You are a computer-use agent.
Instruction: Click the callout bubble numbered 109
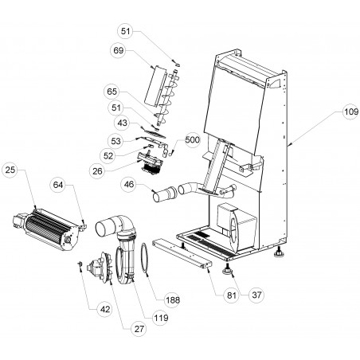point(351,112)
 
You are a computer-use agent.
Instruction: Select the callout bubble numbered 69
point(119,50)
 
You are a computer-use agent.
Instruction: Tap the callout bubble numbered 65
point(112,92)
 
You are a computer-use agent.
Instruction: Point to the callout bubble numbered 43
point(122,123)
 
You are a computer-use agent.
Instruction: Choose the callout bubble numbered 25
point(10,170)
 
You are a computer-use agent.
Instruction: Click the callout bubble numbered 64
point(58,185)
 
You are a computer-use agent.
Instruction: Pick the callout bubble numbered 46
point(129,184)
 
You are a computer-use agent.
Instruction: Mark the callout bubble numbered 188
point(173,300)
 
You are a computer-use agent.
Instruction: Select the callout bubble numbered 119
point(161,318)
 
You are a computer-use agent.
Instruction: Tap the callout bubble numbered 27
point(139,329)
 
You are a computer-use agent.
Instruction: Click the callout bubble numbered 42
point(105,309)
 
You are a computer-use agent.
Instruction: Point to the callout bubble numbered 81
point(231,295)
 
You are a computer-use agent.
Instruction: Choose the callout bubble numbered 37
point(256,295)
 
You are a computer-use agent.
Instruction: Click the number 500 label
point(193,139)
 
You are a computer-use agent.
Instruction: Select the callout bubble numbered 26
point(97,171)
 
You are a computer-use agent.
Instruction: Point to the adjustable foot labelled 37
point(227,270)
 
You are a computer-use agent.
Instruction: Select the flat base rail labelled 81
point(182,253)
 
